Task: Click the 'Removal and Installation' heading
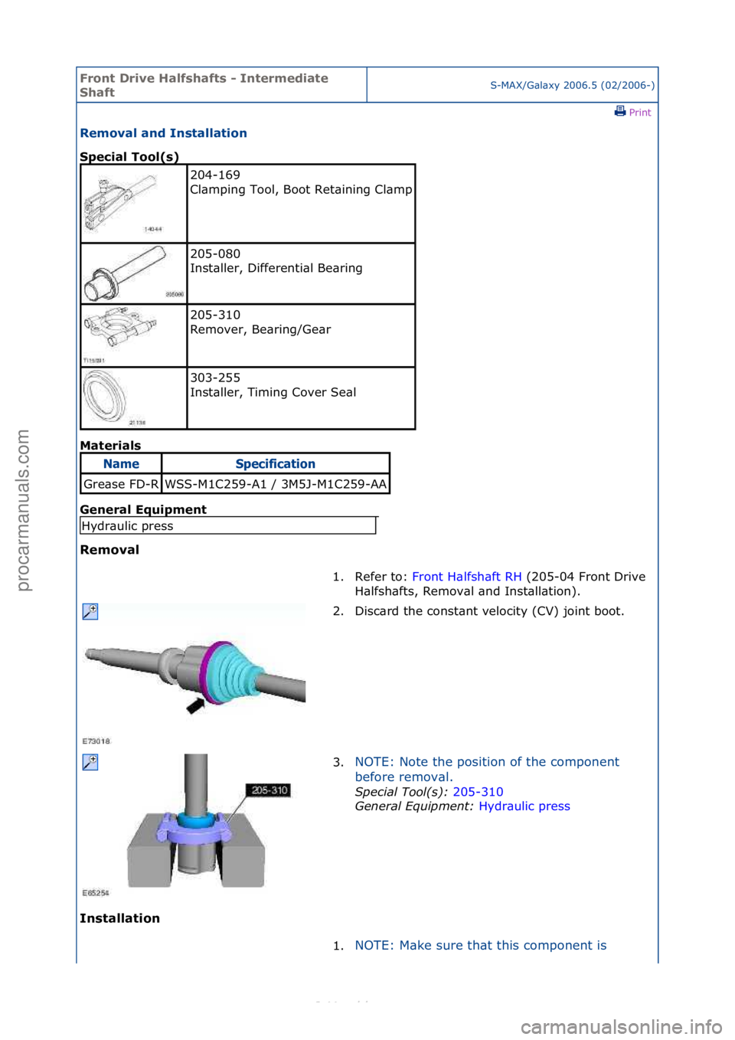[x=163, y=133]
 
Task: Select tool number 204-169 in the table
[x=215, y=175]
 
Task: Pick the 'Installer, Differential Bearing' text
[x=276, y=268]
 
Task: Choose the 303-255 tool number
[x=215, y=378]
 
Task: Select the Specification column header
[x=275, y=464]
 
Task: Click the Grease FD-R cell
[x=121, y=484]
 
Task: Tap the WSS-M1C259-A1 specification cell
[x=276, y=484]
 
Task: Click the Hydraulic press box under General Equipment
[x=227, y=526]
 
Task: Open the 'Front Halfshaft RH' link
[x=466, y=577]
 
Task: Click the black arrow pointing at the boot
[x=197, y=705]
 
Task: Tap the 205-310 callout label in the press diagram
[x=269, y=790]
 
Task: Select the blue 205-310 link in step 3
[x=478, y=792]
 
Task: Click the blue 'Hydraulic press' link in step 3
[x=524, y=806]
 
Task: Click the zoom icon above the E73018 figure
[x=90, y=611]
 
